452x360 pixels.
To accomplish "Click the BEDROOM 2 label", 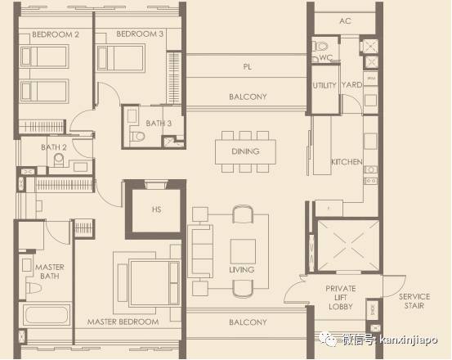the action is click(56, 34).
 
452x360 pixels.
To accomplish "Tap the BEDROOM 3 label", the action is click(140, 34).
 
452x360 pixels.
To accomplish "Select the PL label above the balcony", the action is click(247, 67).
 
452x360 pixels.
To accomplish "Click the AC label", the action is click(345, 21).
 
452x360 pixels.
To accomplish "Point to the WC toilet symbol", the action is click(321, 46).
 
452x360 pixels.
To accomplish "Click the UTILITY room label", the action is click(324, 85).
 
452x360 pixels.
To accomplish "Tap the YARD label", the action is click(351, 85).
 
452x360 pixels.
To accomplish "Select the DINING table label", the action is click(245, 151).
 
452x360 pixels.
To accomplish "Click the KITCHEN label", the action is click(347, 162).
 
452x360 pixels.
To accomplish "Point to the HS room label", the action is click(157, 209).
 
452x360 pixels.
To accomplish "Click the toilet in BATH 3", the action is click(138, 137).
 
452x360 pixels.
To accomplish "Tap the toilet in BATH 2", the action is click(59, 160).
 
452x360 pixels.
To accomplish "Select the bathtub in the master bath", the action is click(46, 314).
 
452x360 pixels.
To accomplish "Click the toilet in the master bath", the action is click(33, 288).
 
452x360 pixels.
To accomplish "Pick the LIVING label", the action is click(242, 270).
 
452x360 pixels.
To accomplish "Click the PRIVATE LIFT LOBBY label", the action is click(341, 297).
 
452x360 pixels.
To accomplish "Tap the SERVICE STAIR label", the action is click(414, 301).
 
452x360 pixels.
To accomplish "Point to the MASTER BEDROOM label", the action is click(123, 322).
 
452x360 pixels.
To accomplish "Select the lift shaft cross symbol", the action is click(348, 245).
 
